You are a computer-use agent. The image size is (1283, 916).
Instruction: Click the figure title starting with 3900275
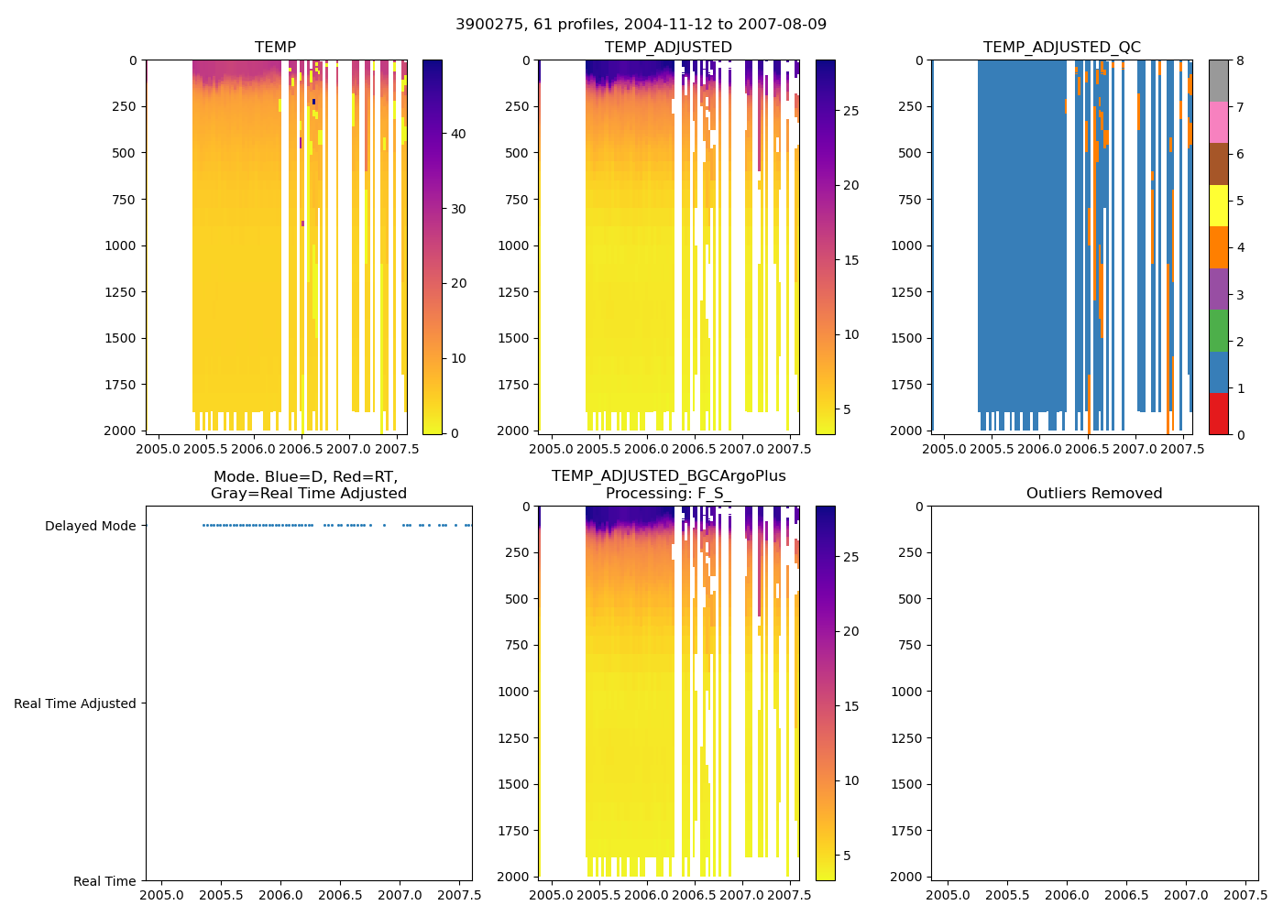[x=641, y=25]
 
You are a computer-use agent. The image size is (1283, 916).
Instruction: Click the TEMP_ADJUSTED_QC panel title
[x=1061, y=48]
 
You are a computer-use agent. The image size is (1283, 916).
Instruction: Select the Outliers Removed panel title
[x=1093, y=494]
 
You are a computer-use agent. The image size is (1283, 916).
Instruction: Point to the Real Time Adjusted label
[x=74, y=704]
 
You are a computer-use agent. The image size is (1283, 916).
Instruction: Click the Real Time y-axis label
[x=104, y=882]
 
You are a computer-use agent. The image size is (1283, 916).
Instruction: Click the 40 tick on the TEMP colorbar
[x=458, y=135]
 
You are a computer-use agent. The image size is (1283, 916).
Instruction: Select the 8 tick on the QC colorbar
[x=1240, y=61]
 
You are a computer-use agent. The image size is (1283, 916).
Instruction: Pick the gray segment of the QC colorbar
[x=1218, y=81]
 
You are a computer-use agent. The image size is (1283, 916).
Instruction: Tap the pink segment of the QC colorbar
[x=1218, y=122]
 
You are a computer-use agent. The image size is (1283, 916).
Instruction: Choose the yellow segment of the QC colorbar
[x=1218, y=205]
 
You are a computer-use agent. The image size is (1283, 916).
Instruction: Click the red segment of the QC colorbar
[x=1218, y=413]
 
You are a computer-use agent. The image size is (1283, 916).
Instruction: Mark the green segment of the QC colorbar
[x=1218, y=330]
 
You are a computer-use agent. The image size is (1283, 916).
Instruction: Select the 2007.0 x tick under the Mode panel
[x=400, y=895]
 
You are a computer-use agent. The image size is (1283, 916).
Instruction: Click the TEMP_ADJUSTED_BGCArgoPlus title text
[x=668, y=476]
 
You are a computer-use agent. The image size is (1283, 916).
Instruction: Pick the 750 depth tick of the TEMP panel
[x=124, y=200]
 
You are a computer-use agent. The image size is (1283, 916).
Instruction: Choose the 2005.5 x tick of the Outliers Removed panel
[x=1008, y=895]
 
